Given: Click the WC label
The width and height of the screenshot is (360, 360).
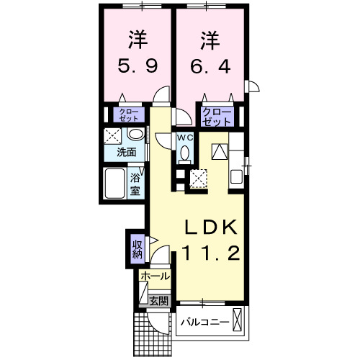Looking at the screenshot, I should coord(185,136).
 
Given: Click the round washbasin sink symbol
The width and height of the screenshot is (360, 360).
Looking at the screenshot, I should coord(135,136).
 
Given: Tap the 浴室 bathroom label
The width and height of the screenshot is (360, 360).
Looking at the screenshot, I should coord(135,185).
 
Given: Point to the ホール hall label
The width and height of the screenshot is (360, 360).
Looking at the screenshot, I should coord(155,276).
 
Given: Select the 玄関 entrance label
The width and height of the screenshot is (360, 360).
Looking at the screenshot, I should coord(159,301).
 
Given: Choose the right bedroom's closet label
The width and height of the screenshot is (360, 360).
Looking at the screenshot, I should coord(217,116).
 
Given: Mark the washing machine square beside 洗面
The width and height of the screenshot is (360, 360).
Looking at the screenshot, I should coord(112,135).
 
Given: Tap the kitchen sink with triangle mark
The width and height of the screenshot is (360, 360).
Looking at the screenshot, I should coord(220,152).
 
